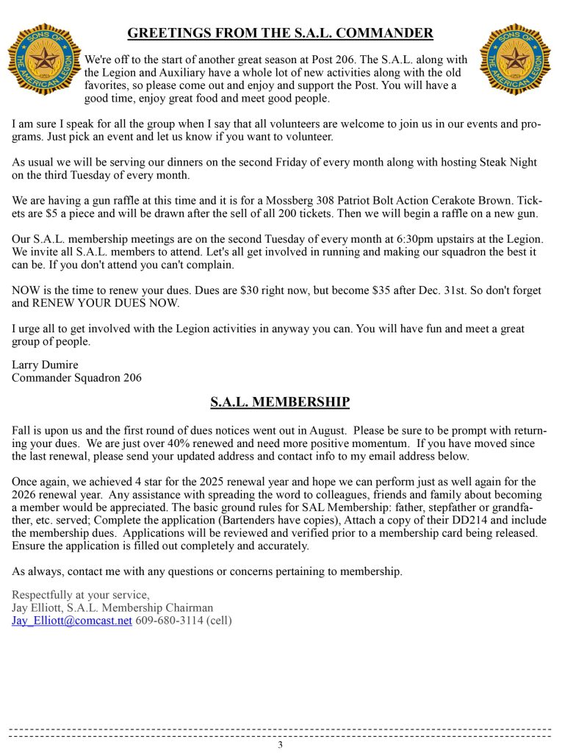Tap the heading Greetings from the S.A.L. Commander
point(280,33)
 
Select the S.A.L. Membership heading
point(280,402)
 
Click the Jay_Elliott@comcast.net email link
point(72,621)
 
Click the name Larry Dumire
point(45,365)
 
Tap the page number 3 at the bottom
point(280,744)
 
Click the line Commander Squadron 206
point(76,378)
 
